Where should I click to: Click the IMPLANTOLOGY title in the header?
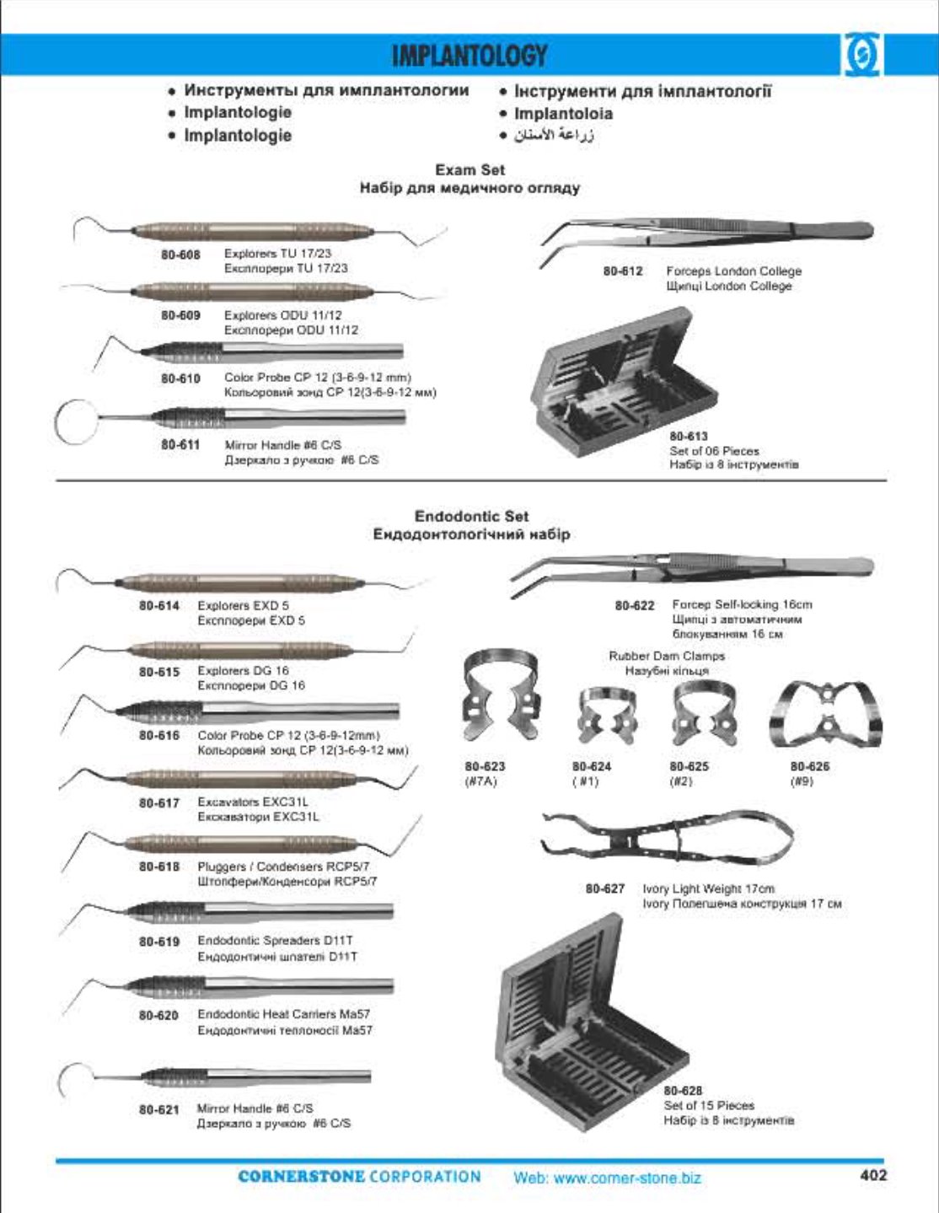pyautogui.click(x=469, y=56)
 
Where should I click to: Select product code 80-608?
pyautogui.click(x=180, y=254)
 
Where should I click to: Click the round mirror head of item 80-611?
pyautogui.click(x=73, y=421)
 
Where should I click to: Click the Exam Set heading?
pyautogui.click(x=469, y=170)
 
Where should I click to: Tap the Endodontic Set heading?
pyautogui.click(x=471, y=516)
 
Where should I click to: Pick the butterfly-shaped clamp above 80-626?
pyautogui.click(x=827, y=715)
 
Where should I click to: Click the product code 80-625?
pyautogui.click(x=689, y=766)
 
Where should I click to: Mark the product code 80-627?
pyautogui.click(x=605, y=888)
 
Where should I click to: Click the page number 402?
pyautogui.click(x=873, y=1174)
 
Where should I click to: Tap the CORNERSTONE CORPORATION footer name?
pyautogui.click(x=359, y=1177)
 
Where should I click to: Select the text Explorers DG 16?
pyautogui.click(x=243, y=671)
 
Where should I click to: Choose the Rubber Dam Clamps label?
pyautogui.click(x=666, y=656)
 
